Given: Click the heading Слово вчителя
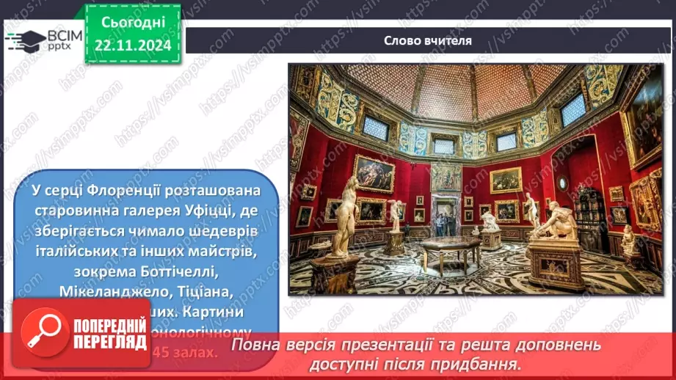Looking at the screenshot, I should [429, 41].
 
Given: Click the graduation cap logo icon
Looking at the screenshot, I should [25, 39].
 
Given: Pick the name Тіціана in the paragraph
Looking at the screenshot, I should [206, 291].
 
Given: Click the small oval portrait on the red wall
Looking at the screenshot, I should [562, 183].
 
